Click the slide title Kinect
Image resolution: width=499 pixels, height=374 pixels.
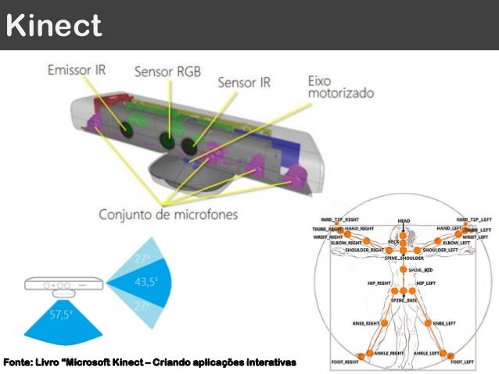point(53,26)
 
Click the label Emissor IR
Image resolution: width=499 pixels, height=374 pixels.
point(77,69)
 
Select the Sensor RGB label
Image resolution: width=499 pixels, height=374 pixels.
point(167,73)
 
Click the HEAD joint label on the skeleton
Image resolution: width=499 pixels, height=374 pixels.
point(404,221)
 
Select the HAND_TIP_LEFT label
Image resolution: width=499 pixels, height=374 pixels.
point(473,219)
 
